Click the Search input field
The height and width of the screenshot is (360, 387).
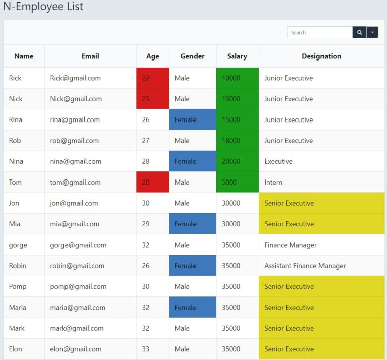pyautogui.click(x=319, y=32)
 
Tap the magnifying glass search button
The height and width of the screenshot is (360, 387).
pyautogui.click(x=359, y=32)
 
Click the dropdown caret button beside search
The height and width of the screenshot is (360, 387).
pyautogui.click(x=372, y=32)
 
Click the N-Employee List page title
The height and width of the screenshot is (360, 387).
pyautogui.click(x=43, y=7)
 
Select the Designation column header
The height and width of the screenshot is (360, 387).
pyautogui.click(x=321, y=56)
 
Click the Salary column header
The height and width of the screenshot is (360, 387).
pyautogui.click(x=237, y=56)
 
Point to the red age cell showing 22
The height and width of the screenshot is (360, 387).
pyautogui.click(x=152, y=78)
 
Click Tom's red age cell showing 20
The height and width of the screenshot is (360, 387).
pyautogui.click(x=152, y=182)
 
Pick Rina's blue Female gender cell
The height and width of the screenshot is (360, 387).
pyautogui.click(x=192, y=119)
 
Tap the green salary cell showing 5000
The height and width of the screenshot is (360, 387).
pyautogui.click(x=237, y=182)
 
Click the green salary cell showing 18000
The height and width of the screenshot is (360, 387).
pyautogui.click(x=237, y=141)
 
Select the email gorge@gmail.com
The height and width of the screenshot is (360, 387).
pyautogui.click(x=78, y=245)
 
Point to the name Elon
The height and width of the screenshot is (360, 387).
pyautogui.click(x=16, y=349)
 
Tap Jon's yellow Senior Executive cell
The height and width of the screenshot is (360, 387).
pyautogui.click(x=321, y=203)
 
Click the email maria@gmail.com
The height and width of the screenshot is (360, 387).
pyautogui.click(x=78, y=308)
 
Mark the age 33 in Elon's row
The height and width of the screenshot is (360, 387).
pyautogui.click(x=146, y=349)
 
